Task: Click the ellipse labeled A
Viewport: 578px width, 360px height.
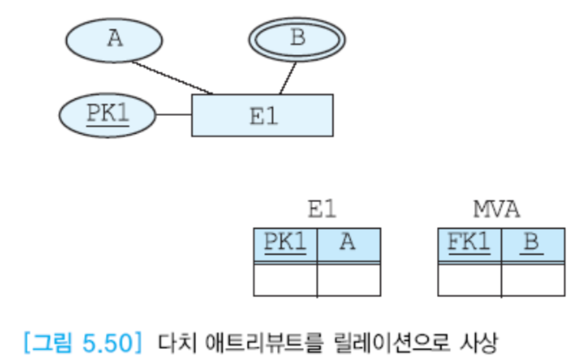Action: pyautogui.click(x=115, y=39)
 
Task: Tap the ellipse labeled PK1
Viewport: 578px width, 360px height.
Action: pyautogui.click(x=107, y=115)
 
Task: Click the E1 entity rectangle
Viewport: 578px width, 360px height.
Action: pyautogui.click(x=262, y=115)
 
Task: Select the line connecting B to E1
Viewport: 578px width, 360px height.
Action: pyautogui.click(x=288, y=78)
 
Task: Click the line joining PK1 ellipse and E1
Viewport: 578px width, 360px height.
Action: pyautogui.click(x=173, y=115)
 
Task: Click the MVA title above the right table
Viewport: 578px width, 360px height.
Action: pyautogui.click(x=496, y=210)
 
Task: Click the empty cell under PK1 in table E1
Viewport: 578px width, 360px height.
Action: pyautogui.click(x=285, y=280)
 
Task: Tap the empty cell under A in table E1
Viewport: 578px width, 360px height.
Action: pyautogui.click(x=348, y=280)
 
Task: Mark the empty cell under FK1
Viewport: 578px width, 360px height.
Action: pyautogui.click(x=469, y=280)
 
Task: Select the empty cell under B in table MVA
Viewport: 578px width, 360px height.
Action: pyautogui.click(x=532, y=280)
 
